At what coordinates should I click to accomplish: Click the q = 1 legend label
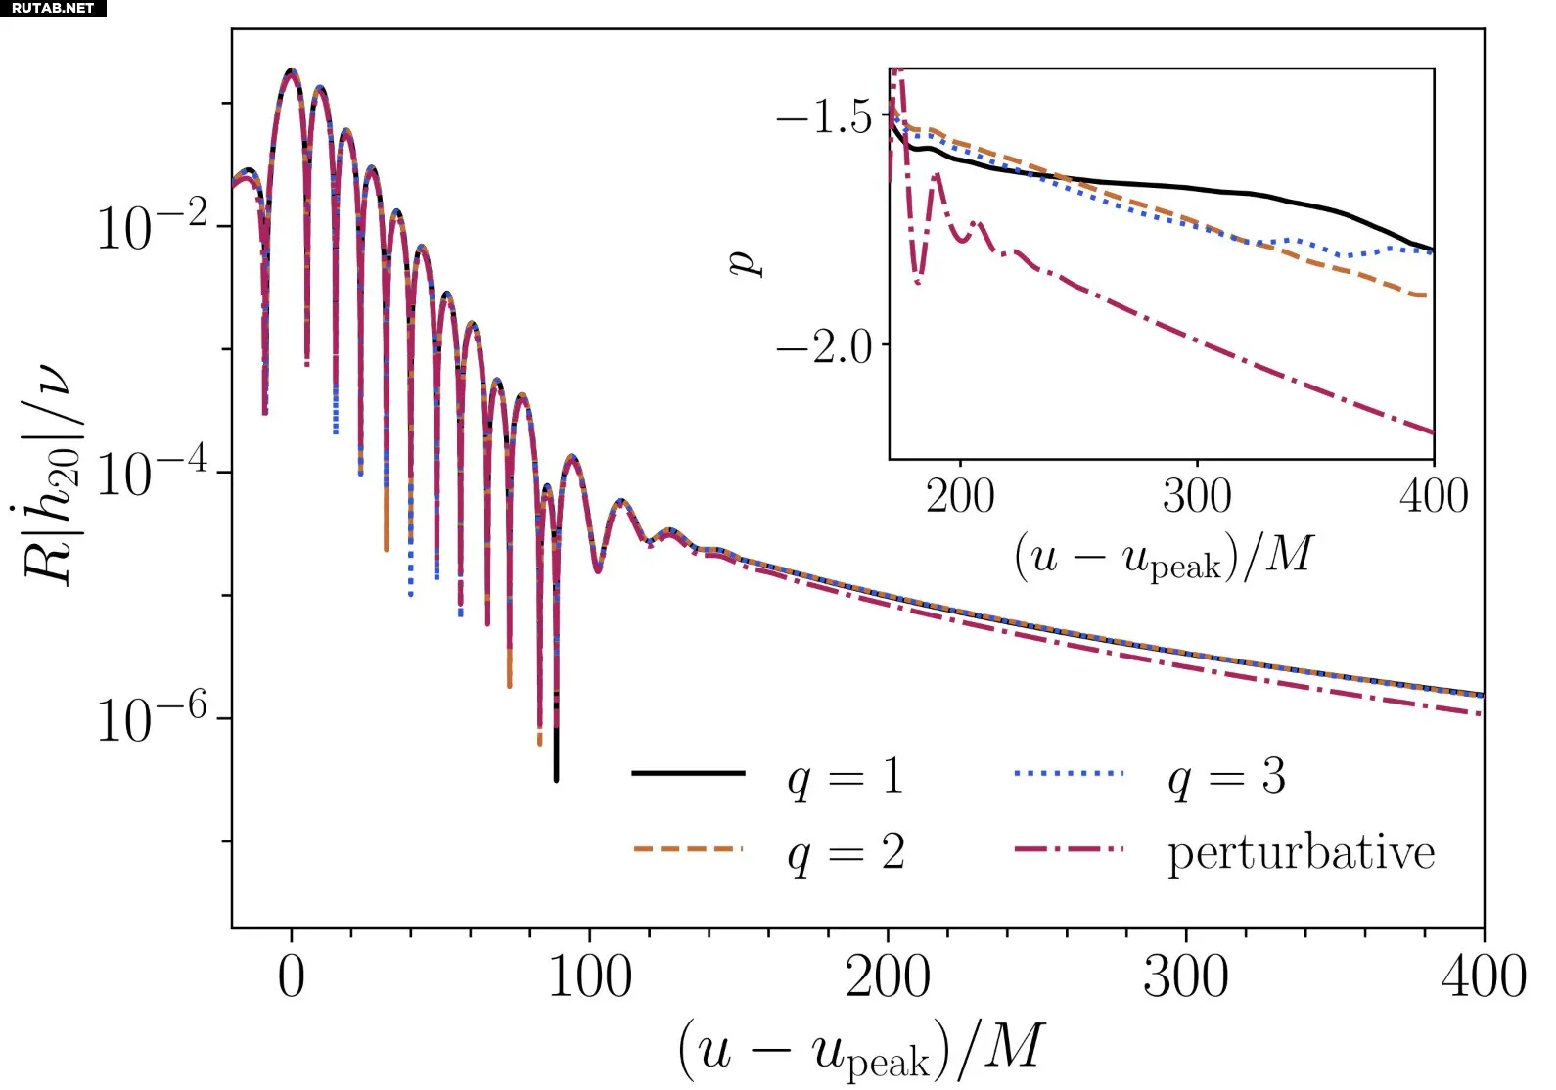(x=846, y=778)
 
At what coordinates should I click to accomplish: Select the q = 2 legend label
(x=846, y=854)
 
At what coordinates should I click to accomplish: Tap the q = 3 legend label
(x=1226, y=778)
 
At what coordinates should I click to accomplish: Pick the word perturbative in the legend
(x=1301, y=853)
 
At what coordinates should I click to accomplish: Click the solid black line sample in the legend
(x=688, y=773)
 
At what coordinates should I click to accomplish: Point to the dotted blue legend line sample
(x=1069, y=773)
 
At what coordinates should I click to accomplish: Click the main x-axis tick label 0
(x=292, y=977)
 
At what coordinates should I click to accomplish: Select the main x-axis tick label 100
(x=589, y=977)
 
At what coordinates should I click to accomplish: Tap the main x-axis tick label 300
(x=1185, y=977)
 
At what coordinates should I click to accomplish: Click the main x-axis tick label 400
(x=1483, y=977)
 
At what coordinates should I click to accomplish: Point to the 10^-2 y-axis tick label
(x=152, y=227)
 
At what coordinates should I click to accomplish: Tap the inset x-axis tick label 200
(x=960, y=496)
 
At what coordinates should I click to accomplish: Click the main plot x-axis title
(x=861, y=1049)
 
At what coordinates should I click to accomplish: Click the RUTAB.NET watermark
(x=53, y=8)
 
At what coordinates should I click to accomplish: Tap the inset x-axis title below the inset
(x=1163, y=557)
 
